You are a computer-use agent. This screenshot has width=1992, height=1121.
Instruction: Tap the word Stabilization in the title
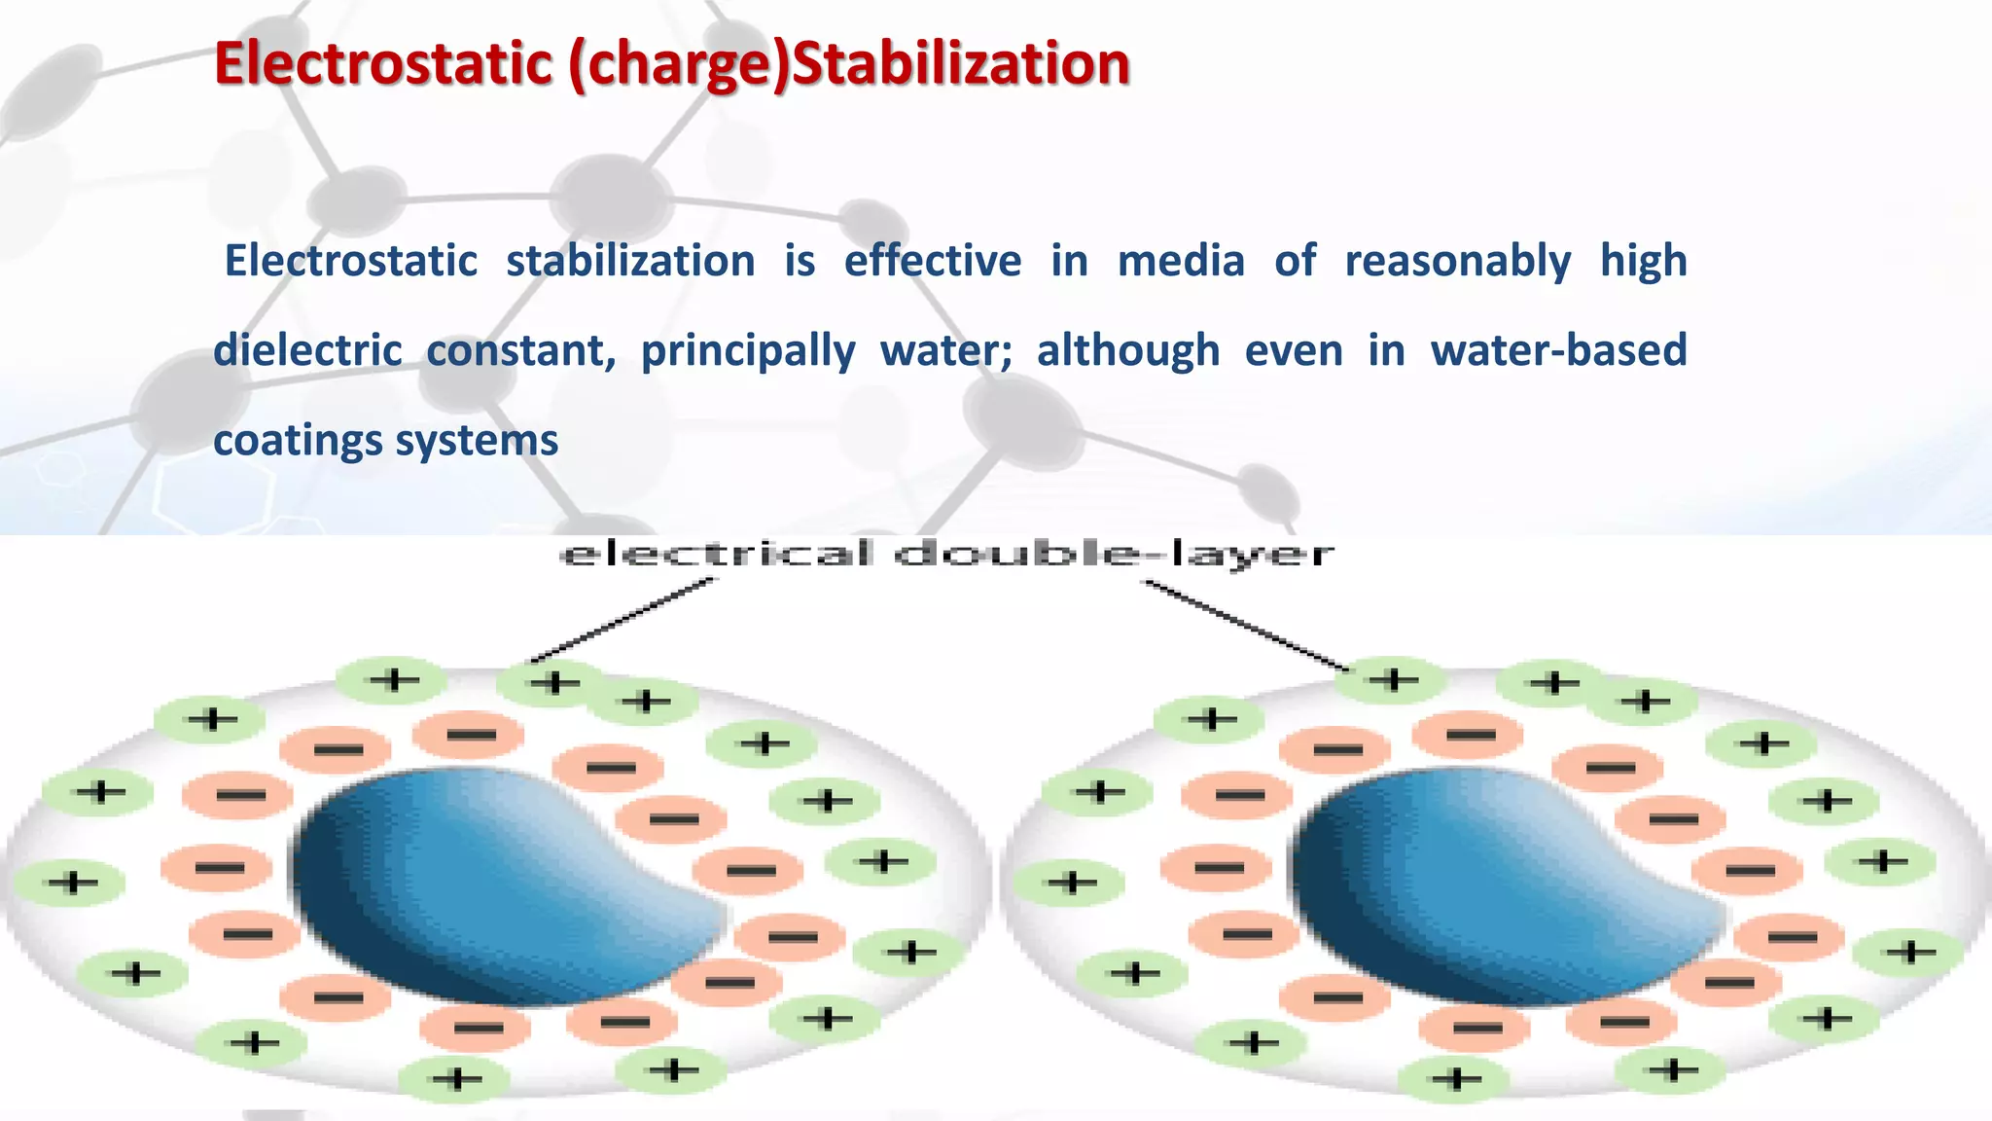point(961,64)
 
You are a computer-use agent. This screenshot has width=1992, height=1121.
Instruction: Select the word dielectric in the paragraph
point(307,350)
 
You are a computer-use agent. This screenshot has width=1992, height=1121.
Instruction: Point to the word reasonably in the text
point(1457,261)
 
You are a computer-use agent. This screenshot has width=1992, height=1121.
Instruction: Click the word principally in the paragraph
point(747,350)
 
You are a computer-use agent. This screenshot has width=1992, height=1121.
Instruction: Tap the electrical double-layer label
point(947,555)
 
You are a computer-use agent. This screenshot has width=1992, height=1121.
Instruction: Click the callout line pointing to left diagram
point(622,621)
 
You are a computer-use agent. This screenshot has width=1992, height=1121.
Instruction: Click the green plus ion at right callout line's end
point(1391,679)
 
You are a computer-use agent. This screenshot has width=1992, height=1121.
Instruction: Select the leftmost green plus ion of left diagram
point(72,883)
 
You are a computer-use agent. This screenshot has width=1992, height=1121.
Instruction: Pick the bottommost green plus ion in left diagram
point(455,1078)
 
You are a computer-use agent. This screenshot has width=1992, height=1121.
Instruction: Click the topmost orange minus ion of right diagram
point(1469,735)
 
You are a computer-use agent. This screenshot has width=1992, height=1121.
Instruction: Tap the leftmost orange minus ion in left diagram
point(216,867)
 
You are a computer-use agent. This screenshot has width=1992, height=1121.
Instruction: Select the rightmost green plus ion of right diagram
point(1908,951)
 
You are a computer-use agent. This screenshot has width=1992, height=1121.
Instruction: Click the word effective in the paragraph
point(932,261)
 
